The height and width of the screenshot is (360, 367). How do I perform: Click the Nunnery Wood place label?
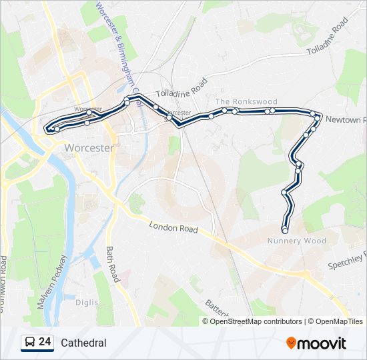(296, 241)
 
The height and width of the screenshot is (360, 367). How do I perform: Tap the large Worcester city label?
(89, 148)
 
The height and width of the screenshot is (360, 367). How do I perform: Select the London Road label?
(173, 227)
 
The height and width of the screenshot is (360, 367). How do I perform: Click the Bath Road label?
(112, 263)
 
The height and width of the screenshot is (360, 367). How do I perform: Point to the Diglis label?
(86, 302)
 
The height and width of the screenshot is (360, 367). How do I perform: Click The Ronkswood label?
(246, 101)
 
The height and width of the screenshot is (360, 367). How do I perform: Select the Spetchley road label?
(347, 261)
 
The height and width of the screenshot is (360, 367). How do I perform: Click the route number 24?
(45, 342)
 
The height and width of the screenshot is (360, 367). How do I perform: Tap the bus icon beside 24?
(29, 343)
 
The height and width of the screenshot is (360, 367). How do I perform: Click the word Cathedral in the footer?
(83, 343)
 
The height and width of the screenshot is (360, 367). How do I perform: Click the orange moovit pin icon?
(291, 343)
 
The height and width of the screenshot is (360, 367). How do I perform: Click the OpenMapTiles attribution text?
(337, 321)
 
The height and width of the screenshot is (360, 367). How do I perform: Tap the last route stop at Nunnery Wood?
(285, 231)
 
